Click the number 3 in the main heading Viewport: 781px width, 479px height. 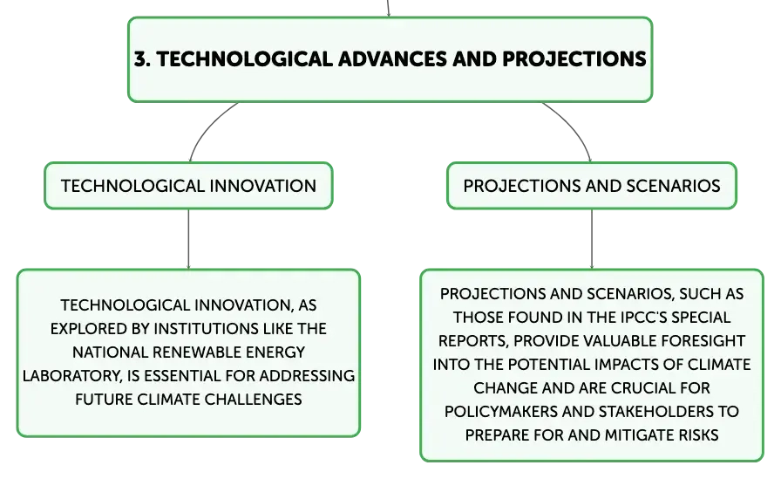click(141, 59)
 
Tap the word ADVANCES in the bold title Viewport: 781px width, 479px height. click(392, 59)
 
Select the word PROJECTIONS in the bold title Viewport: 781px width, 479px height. click(574, 59)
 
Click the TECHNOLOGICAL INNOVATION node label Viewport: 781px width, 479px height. click(188, 186)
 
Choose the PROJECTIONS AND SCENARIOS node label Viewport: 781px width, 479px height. click(592, 186)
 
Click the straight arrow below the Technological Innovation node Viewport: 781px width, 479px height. click(188, 239)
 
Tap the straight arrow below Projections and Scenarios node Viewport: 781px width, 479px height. click(592, 239)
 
